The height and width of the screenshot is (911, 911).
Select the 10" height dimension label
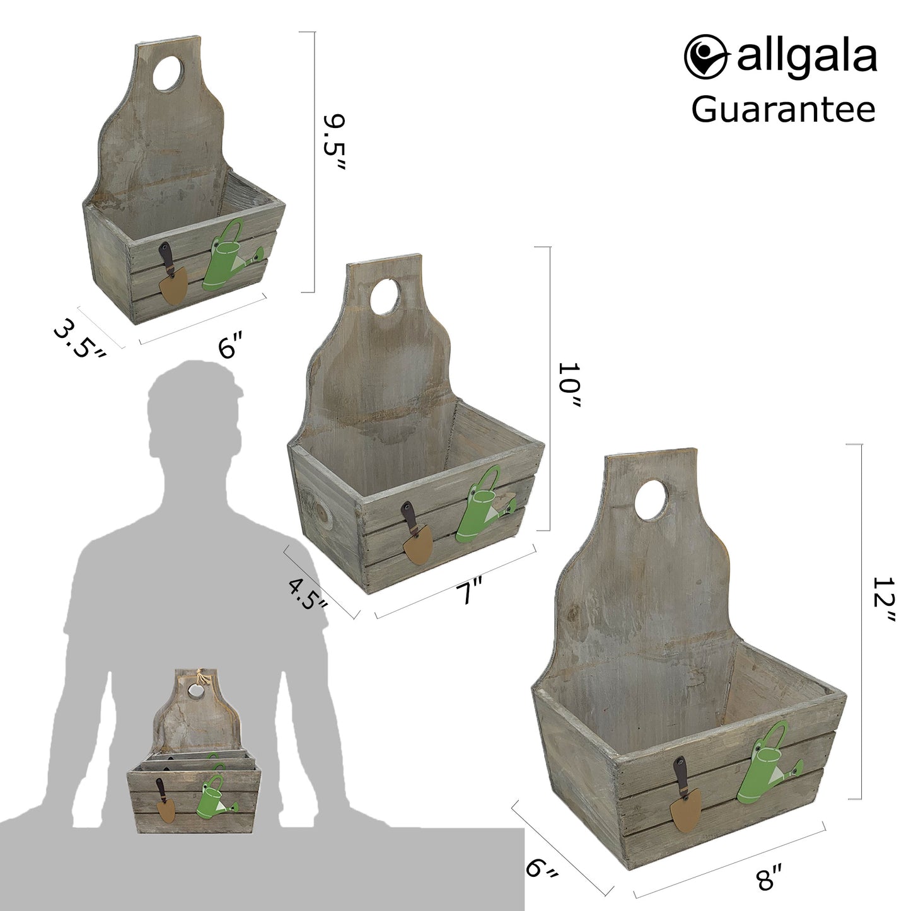click(569, 385)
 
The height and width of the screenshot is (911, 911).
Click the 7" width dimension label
click(469, 593)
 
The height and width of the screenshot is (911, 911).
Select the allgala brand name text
click(806, 57)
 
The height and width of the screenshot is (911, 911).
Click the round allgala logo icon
click(705, 56)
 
